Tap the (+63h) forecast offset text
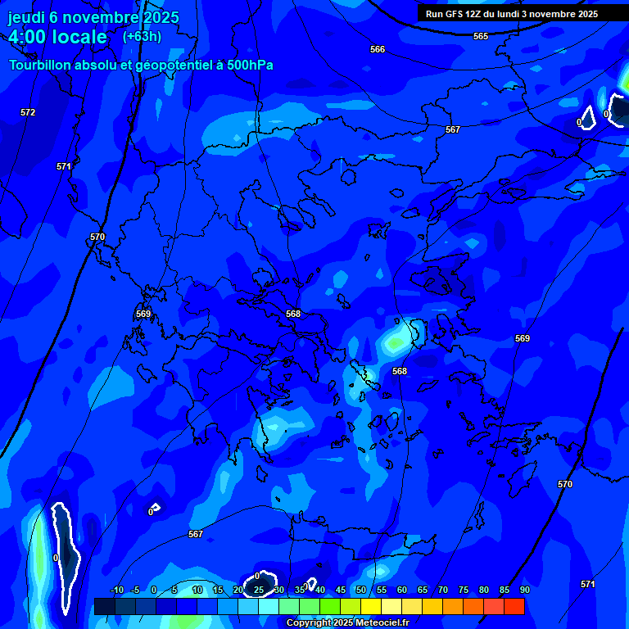[x=142, y=36]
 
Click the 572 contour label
[x=28, y=112]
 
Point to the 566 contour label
[x=377, y=50]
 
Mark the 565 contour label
[x=481, y=37]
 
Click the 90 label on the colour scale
[x=524, y=591]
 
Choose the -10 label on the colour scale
[x=116, y=591]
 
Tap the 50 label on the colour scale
[x=360, y=591]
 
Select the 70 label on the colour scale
[x=442, y=591]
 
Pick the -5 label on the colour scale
[x=136, y=591]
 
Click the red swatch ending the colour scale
[x=514, y=606]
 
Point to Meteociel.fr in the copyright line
[x=382, y=623]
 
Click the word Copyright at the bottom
[x=307, y=623]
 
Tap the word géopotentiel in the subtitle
[x=158, y=66]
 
